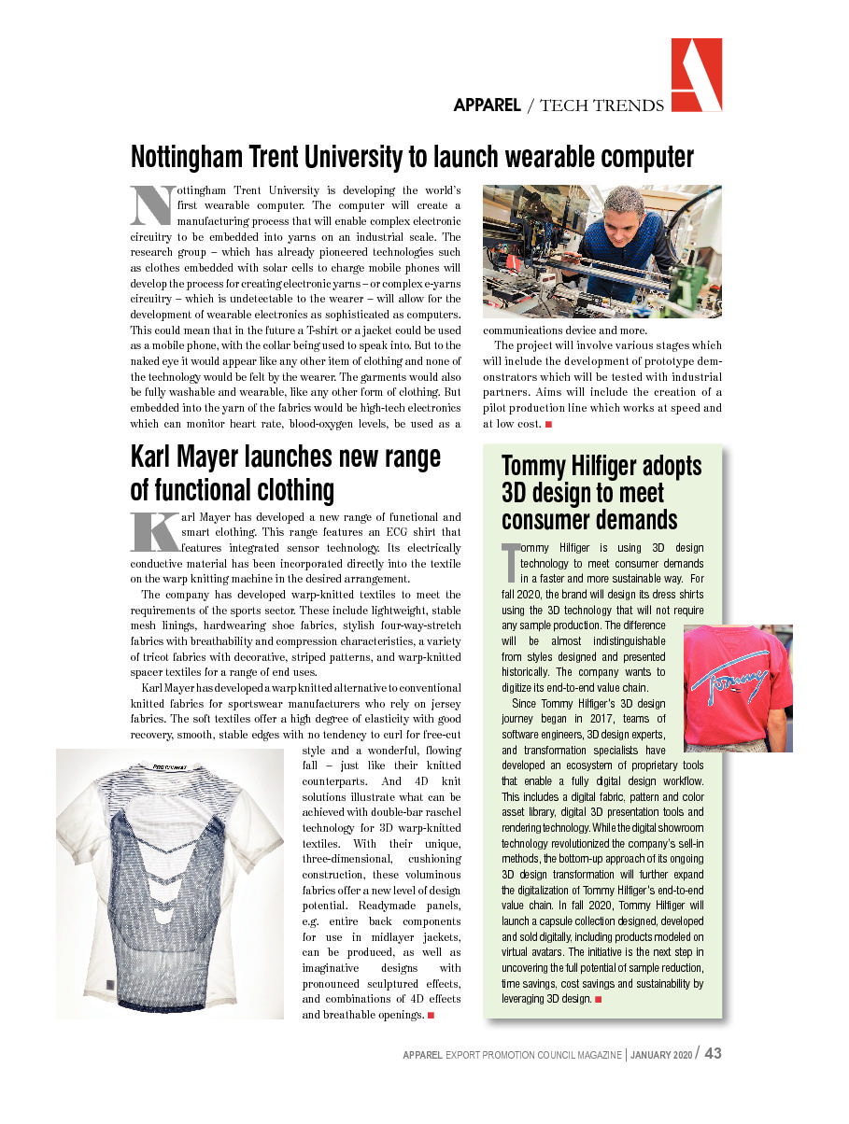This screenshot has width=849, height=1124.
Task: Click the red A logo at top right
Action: [x=696, y=76]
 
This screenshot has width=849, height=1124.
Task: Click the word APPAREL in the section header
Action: [x=487, y=105]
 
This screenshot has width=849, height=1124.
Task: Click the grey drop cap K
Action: [x=154, y=532]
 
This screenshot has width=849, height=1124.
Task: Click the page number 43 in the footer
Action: [x=713, y=1053]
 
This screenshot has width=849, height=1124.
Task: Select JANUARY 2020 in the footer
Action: [x=662, y=1055]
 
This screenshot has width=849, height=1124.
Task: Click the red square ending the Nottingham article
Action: [x=548, y=425]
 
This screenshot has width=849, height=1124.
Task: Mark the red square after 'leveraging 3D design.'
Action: [x=597, y=1000]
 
